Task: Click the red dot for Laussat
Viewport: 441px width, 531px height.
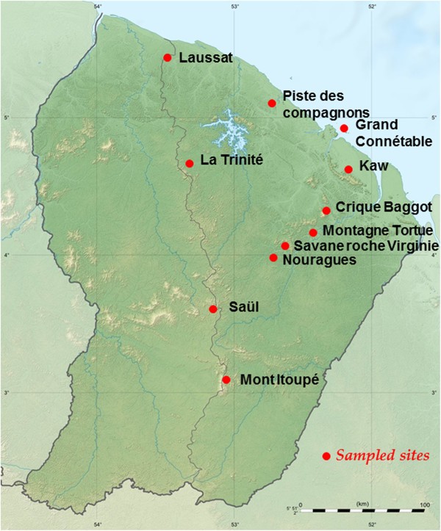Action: coord(168,57)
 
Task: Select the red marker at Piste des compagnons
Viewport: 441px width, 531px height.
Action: coord(272,104)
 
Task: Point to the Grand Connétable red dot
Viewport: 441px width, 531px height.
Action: coord(344,129)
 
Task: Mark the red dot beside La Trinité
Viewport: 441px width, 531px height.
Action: coord(190,163)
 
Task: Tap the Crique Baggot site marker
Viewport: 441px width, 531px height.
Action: coord(326,211)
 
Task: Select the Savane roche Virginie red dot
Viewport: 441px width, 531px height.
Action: coord(285,245)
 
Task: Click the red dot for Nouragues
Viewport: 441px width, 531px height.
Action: coord(273,258)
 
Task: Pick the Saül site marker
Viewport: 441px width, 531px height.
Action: coord(213,309)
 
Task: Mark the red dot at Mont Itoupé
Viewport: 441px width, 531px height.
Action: coord(226,380)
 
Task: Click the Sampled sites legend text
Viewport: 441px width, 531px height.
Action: coord(382,456)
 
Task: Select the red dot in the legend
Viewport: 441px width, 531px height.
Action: coord(326,456)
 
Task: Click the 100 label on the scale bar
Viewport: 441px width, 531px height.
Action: coord(424,505)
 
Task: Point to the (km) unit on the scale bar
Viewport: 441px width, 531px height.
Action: coord(362,504)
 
